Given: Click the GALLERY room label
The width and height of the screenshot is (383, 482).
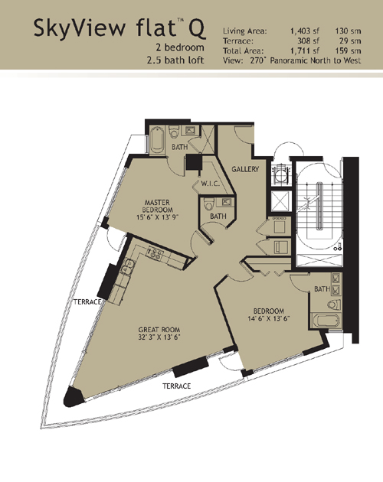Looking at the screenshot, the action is [245, 169].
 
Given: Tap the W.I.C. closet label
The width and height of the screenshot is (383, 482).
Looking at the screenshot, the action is [211, 184].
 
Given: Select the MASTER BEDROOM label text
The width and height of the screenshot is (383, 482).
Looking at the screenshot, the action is [157, 206].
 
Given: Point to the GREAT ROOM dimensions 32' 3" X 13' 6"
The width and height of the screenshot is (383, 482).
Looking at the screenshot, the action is [159, 337].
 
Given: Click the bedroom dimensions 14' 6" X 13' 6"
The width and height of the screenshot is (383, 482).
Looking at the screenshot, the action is [269, 318].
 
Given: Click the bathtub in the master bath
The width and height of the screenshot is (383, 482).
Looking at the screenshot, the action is [156, 140].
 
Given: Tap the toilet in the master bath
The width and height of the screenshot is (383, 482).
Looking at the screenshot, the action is [174, 132].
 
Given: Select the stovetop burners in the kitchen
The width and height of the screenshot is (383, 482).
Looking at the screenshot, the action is [155, 253].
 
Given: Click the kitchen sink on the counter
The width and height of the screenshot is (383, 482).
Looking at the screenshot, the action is [128, 267].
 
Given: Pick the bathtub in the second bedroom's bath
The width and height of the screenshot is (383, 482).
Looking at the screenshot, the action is [326, 321].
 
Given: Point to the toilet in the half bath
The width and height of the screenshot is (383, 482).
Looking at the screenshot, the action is [209, 204].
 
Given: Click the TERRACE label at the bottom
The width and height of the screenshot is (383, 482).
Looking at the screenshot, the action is [177, 386].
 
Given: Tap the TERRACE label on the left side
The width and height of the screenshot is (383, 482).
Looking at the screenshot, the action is [87, 302].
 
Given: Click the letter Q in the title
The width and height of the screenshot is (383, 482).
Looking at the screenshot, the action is [197, 28].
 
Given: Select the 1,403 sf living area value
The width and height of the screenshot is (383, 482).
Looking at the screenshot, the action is [305, 31].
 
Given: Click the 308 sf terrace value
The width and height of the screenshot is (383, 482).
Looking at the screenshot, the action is [308, 41].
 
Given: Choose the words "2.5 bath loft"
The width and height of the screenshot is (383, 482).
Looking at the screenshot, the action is [175, 60].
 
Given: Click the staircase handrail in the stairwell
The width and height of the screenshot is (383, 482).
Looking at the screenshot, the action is [320, 205].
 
